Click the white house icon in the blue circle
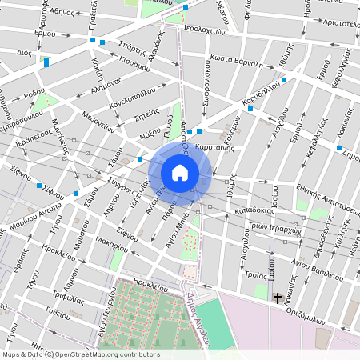tap(180, 172)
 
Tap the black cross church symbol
tap(278, 298)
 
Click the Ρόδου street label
tap(34, 94)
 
